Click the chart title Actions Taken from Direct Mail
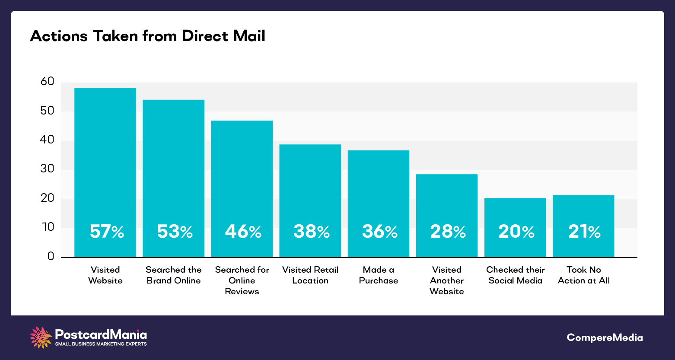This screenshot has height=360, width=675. [x=147, y=36]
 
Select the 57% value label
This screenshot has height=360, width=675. [x=107, y=232]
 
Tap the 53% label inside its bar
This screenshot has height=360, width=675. [x=175, y=232]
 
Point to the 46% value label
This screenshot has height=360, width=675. [x=243, y=232]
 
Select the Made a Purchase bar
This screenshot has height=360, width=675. [x=378, y=194]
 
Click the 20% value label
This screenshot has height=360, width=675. [x=516, y=232]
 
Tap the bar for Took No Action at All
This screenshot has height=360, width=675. [x=583, y=212]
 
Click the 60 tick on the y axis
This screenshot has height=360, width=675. [x=47, y=82]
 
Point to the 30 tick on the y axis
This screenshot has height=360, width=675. [x=47, y=169]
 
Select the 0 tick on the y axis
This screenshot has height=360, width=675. [x=51, y=257]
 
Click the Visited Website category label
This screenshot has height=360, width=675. [x=105, y=275]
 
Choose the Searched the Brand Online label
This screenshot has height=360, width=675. [x=173, y=275]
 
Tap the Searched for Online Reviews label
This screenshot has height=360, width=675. [x=242, y=280]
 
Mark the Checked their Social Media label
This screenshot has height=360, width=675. [x=515, y=275]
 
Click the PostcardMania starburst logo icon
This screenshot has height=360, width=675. [x=41, y=338]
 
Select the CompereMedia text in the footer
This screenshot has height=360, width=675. [x=605, y=338]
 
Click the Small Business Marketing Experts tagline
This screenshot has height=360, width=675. [x=101, y=344]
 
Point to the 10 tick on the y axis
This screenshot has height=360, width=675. [x=47, y=227]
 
